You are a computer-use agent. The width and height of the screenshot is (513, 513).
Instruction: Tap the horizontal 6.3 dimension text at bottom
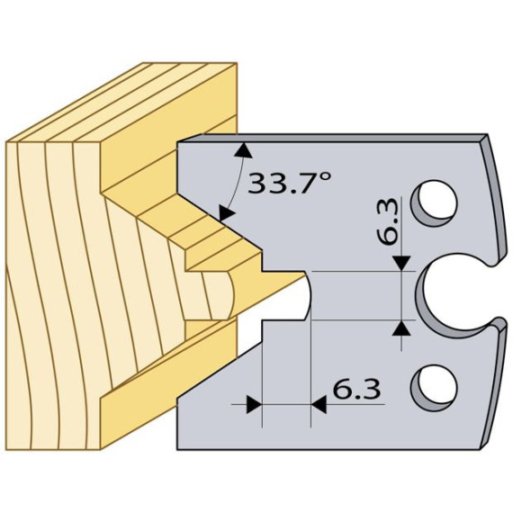click(x=356, y=390)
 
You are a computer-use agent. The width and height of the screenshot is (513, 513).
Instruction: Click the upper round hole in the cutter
click(x=434, y=202)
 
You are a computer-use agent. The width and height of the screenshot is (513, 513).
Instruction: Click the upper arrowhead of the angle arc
click(x=243, y=149)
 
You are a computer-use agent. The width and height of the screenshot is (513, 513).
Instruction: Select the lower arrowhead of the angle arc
click(x=226, y=213)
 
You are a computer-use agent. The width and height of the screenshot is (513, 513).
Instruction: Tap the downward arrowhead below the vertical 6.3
click(x=401, y=264)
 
